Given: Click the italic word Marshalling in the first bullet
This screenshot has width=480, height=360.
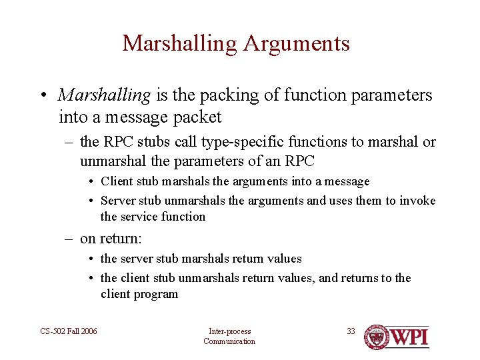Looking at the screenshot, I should click(x=105, y=95).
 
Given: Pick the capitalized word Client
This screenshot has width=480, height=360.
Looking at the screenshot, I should click(x=116, y=181).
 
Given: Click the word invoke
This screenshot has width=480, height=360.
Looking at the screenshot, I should click(x=419, y=201).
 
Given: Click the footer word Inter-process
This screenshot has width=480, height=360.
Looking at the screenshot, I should click(x=229, y=331).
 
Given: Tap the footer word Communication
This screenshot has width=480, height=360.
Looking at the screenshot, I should click(x=229, y=341).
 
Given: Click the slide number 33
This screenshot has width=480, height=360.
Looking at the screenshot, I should click(x=351, y=331).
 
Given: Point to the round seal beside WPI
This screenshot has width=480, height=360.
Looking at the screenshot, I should click(x=377, y=337).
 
